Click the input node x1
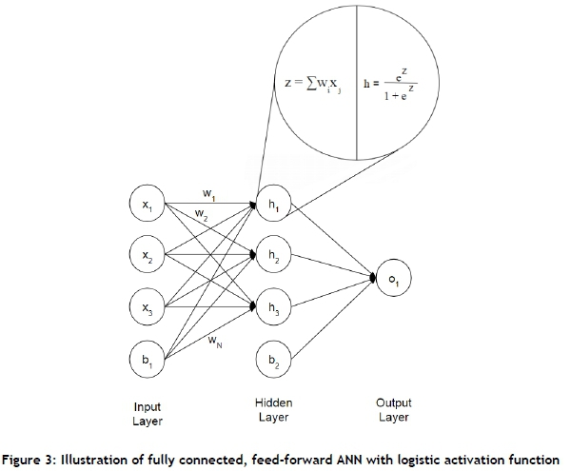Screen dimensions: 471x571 (146, 203)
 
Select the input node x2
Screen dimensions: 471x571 (146, 254)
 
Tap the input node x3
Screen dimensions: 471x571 (146, 306)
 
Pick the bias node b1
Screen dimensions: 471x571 (146, 360)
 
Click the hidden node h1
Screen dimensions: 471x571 (277, 203)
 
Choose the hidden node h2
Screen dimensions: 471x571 (277, 254)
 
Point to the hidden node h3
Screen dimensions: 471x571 (277, 306)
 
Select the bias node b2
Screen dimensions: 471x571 (277, 360)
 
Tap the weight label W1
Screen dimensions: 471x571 (208, 194)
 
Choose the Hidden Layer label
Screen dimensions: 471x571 (276, 410)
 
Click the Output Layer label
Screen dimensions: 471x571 (392, 410)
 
